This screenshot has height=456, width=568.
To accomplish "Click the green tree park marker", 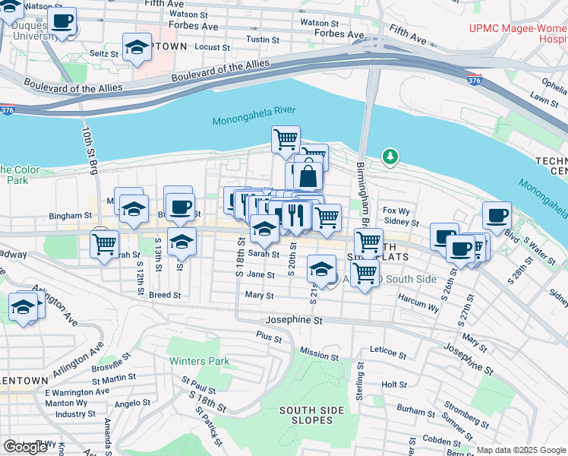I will [390, 157].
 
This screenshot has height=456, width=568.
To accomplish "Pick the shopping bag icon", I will [308, 176].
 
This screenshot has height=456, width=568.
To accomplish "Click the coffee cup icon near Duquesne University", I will [62, 21].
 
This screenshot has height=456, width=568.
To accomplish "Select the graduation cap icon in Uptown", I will [137, 49].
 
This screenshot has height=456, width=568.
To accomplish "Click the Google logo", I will [25, 447].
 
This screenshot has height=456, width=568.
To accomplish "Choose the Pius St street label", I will [269, 334].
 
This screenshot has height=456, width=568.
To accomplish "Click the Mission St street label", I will [319, 354].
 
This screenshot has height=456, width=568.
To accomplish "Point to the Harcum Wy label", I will [418, 308].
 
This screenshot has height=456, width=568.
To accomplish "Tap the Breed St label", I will [165, 295].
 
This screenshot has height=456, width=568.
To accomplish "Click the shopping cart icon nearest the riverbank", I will [286, 139].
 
